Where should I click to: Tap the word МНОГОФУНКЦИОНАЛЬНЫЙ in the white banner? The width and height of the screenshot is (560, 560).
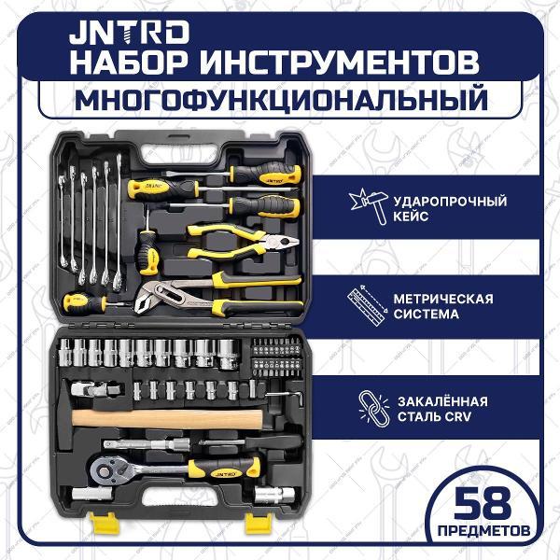click(x=281, y=99)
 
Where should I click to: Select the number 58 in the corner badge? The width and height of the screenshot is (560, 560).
click(x=485, y=507)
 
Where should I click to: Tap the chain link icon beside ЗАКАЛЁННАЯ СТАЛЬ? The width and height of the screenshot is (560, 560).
click(x=369, y=407)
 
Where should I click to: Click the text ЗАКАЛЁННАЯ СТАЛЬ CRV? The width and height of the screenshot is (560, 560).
click(x=436, y=408)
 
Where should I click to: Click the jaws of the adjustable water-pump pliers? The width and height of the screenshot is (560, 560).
click(x=148, y=300)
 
